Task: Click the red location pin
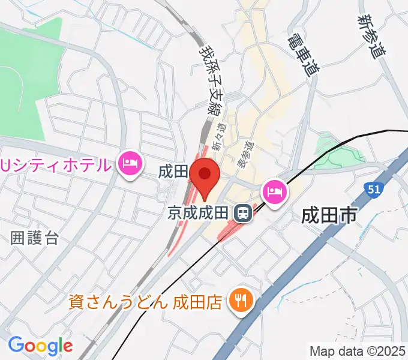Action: (x=205, y=176)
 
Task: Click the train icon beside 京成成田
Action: (x=243, y=212)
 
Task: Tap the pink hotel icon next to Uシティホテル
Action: (x=130, y=163)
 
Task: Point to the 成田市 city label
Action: (x=330, y=214)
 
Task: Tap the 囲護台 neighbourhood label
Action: (x=35, y=238)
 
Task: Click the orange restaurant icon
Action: (x=242, y=299)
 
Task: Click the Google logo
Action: (x=40, y=346)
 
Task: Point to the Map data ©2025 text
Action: (x=358, y=351)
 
